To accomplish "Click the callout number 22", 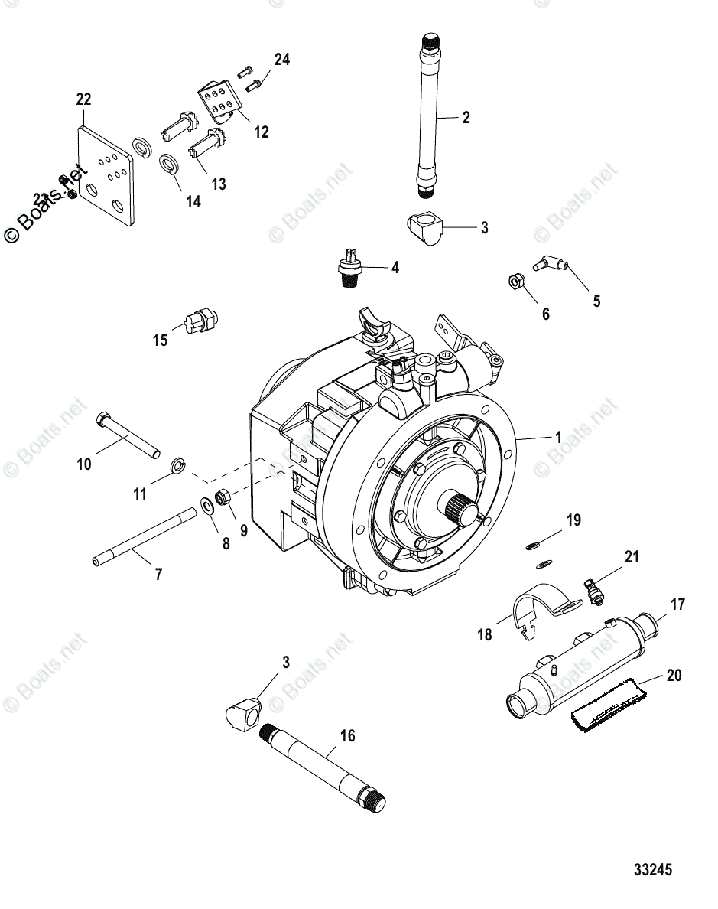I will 83,99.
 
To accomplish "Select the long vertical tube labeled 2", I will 429,115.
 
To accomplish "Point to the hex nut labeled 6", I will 515,282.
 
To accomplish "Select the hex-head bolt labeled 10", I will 127,435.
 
